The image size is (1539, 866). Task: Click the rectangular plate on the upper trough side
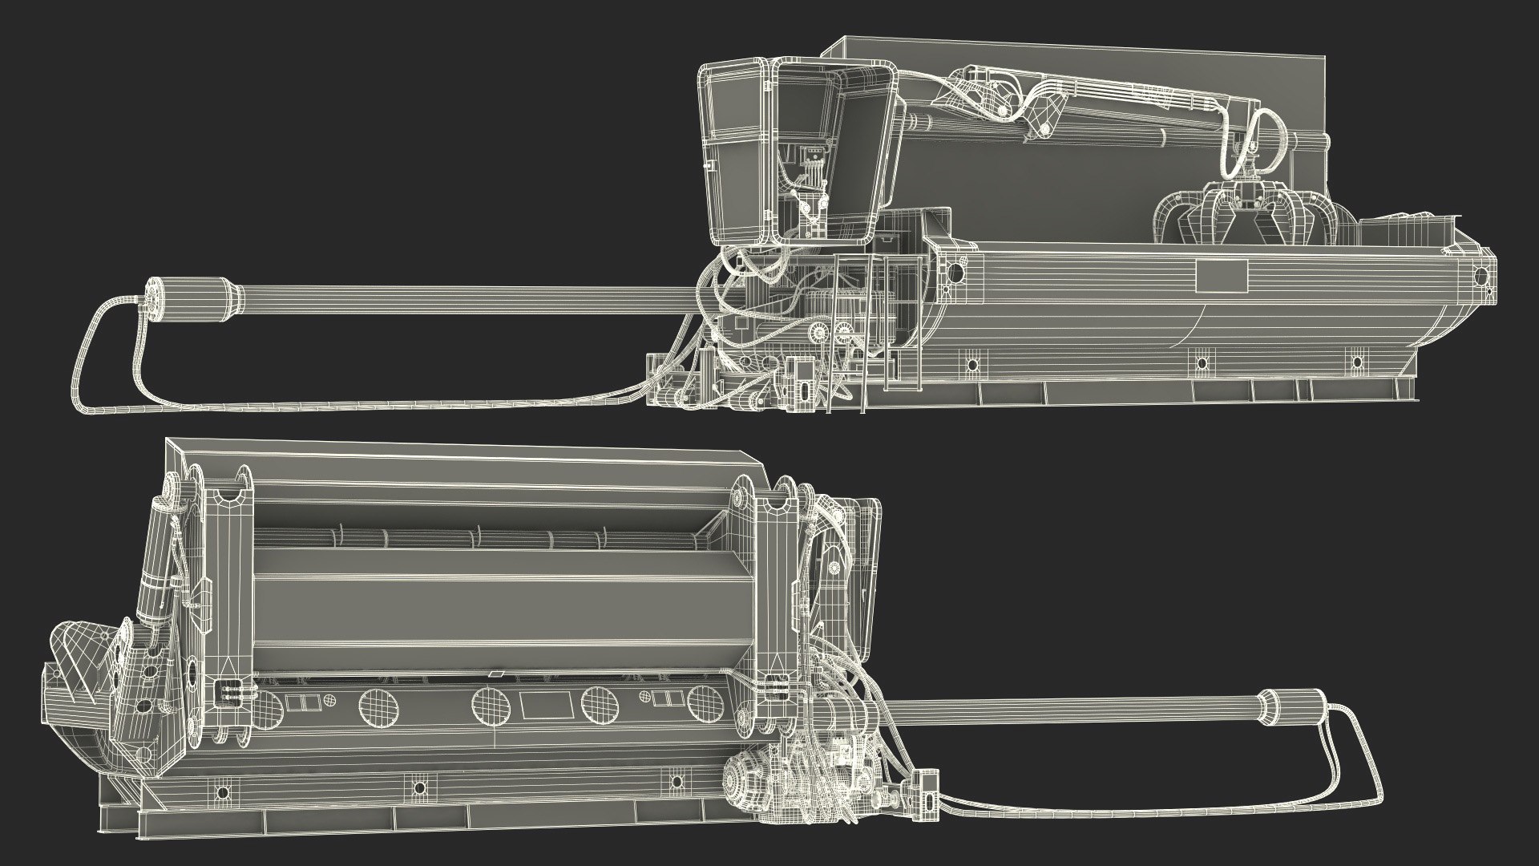(x=1222, y=276)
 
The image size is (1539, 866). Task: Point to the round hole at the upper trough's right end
(x=1480, y=277)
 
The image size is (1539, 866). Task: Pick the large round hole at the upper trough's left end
(x=955, y=271)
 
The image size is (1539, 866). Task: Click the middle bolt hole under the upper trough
(x=1200, y=363)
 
